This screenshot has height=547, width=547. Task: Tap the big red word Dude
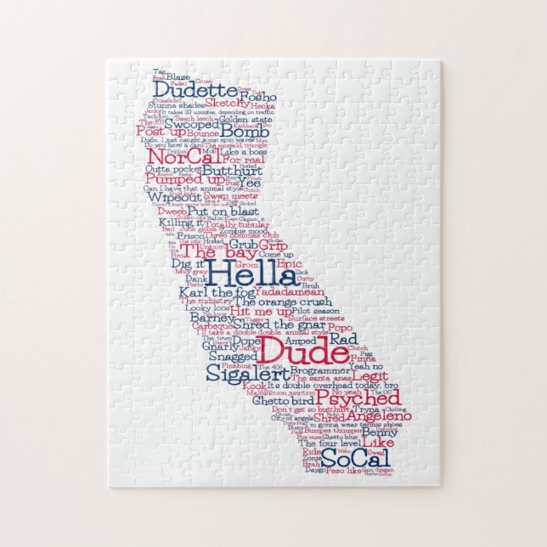pyautogui.click(x=290, y=349)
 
